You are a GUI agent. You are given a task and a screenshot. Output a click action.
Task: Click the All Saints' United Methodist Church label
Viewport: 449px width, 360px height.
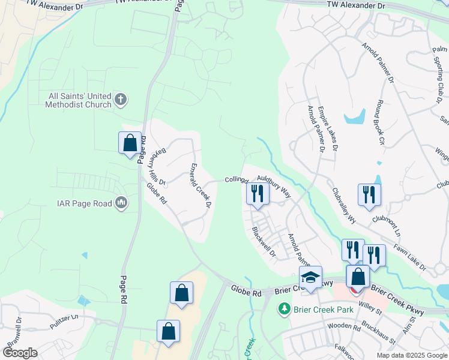tap(79, 100)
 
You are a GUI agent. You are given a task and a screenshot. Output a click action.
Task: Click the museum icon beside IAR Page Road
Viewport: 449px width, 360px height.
tap(121, 203)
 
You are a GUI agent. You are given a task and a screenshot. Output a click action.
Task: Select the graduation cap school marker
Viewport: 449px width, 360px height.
tap(310, 278)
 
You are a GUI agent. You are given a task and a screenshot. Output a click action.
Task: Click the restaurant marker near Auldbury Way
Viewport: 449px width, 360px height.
tap(256, 193)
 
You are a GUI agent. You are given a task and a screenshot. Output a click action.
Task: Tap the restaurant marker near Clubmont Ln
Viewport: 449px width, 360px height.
tap(369, 194)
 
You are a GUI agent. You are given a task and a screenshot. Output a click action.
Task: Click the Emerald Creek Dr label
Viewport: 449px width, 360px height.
tap(201, 185)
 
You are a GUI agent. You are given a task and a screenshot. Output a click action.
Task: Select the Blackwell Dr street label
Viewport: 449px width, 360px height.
tap(264, 242)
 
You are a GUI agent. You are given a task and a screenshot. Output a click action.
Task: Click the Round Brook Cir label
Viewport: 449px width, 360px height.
tap(379, 124)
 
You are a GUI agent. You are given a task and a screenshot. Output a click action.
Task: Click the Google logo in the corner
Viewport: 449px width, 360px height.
tap(20, 353)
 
